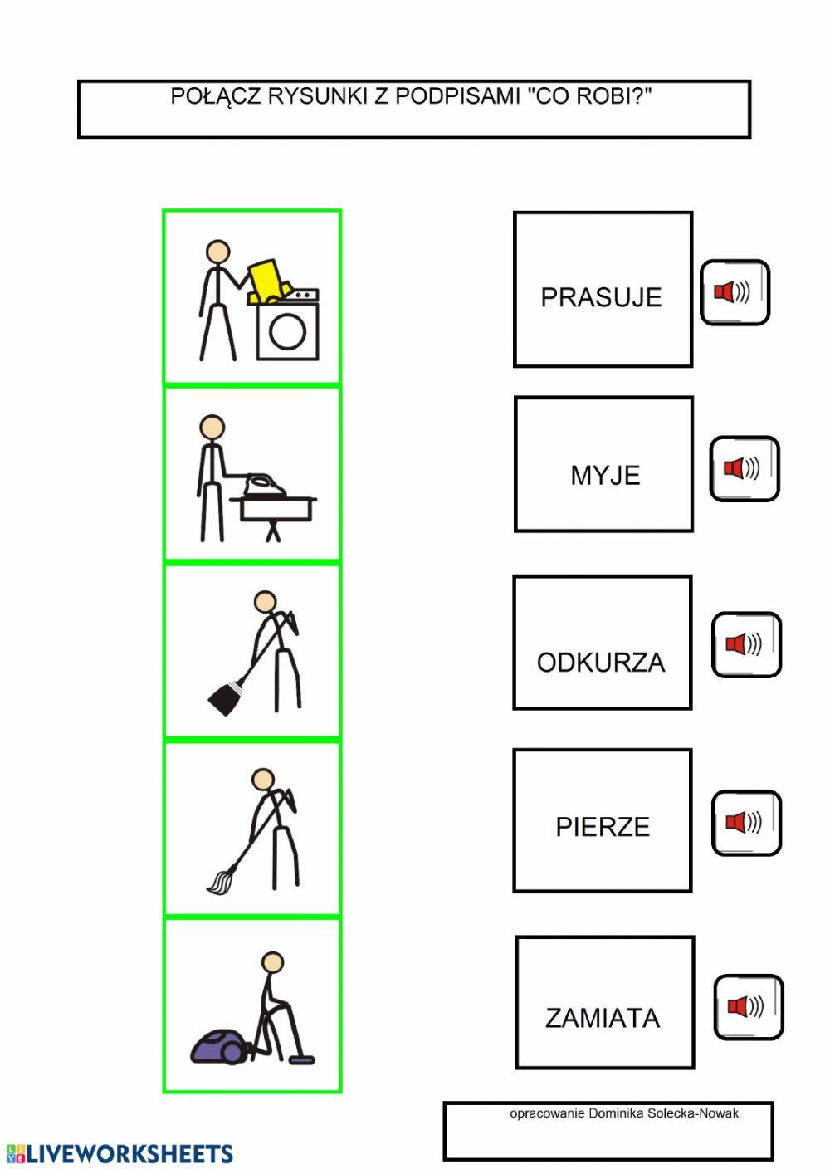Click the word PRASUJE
pyautogui.click(x=601, y=297)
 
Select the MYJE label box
pyautogui.click(x=603, y=464)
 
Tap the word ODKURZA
pyautogui.click(x=601, y=663)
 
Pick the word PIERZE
pyautogui.click(x=603, y=827)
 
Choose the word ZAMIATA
pyautogui.click(x=603, y=1018)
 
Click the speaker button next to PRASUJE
pyautogui.click(x=735, y=292)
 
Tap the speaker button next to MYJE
pyautogui.click(x=744, y=468)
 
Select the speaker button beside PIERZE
pyautogui.click(x=746, y=823)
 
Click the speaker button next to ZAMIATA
pyautogui.click(x=748, y=1007)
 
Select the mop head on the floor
pyautogui.click(x=218, y=882)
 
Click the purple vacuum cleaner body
pyautogui.click(x=218, y=1047)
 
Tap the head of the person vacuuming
pyautogui.click(x=272, y=962)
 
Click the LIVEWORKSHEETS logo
pyautogui.click(x=120, y=1153)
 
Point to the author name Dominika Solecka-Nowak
pyautogui.click(x=663, y=1113)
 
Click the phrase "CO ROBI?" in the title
pyautogui.click(x=589, y=96)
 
